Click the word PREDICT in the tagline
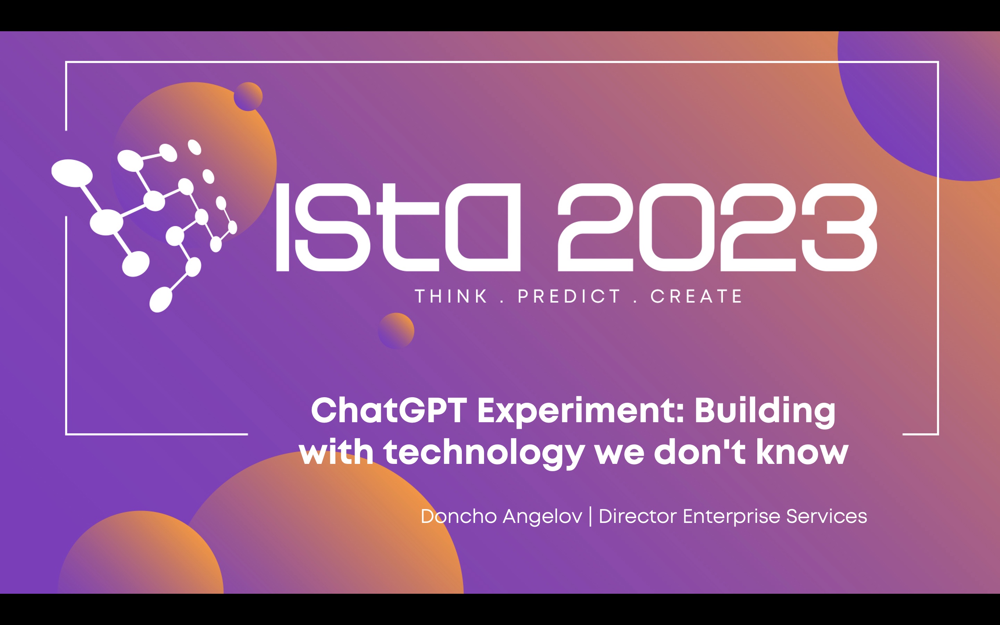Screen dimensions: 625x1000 569,297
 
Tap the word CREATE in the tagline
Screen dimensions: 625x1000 696,297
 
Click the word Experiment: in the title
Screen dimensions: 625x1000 581,411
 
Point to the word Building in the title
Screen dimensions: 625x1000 765,411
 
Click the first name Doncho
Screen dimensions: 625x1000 458,516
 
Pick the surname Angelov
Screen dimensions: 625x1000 542,517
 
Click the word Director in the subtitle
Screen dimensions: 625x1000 637,516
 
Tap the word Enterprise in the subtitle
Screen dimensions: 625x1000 731,517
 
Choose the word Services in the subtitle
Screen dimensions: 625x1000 826,516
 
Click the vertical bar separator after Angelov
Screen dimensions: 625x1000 590,517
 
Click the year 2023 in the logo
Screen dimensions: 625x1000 717,227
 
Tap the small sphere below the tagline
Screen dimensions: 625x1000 396,331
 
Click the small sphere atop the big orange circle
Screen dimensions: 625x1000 248,96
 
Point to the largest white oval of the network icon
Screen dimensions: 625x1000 72,173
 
